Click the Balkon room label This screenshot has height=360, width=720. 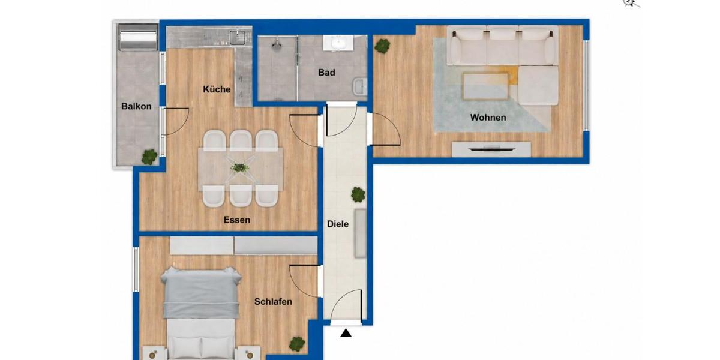click(136, 106)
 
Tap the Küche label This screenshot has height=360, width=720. click(217, 89)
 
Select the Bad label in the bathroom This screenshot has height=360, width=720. click(326, 73)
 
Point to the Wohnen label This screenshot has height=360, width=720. click(488, 118)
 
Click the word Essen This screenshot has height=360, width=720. click(237, 220)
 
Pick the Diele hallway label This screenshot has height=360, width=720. click(338, 224)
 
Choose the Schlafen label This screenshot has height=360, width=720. click(273, 301)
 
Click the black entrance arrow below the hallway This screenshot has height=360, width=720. click(346, 333)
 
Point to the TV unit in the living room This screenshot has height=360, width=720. click(491, 149)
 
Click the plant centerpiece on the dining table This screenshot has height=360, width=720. click(240, 167)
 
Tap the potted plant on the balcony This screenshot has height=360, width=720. click(149, 157)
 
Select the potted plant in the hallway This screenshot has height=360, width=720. click(358, 194)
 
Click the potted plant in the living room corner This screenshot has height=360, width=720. click(382, 45)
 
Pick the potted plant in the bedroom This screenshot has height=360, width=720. click(297, 344)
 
